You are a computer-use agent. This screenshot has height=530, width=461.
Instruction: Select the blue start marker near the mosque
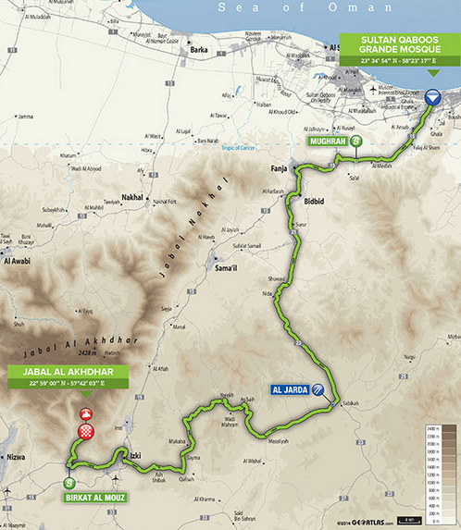434,95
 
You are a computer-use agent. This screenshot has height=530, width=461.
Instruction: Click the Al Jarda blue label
290,390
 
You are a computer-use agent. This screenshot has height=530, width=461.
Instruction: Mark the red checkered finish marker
86,430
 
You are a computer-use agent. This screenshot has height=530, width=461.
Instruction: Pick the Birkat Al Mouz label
95,497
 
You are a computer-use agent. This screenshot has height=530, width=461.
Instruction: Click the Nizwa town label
16,456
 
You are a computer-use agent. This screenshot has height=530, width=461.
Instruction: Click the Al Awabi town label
20,262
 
